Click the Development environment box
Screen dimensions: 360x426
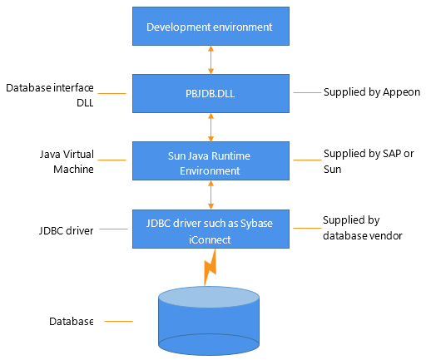[x=210, y=27]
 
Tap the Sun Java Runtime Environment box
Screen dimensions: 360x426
[x=210, y=161]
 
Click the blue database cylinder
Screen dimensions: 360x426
[x=210, y=324]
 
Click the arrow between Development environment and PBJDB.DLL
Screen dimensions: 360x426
[x=211, y=60]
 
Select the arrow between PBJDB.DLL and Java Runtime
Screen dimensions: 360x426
[x=211, y=127]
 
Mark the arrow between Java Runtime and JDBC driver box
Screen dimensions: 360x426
[x=211, y=195]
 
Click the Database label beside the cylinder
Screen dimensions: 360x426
[x=70, y=321]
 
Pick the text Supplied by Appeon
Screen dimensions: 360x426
[x=372, y=92]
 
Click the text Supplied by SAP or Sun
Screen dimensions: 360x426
[x=366, y=161]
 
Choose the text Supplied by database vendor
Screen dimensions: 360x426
[x=363, y=227]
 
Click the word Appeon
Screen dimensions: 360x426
[x=402, y=92]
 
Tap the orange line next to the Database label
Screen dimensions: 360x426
[x=118, y=321]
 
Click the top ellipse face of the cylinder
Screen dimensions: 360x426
[x=210, y=298]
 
